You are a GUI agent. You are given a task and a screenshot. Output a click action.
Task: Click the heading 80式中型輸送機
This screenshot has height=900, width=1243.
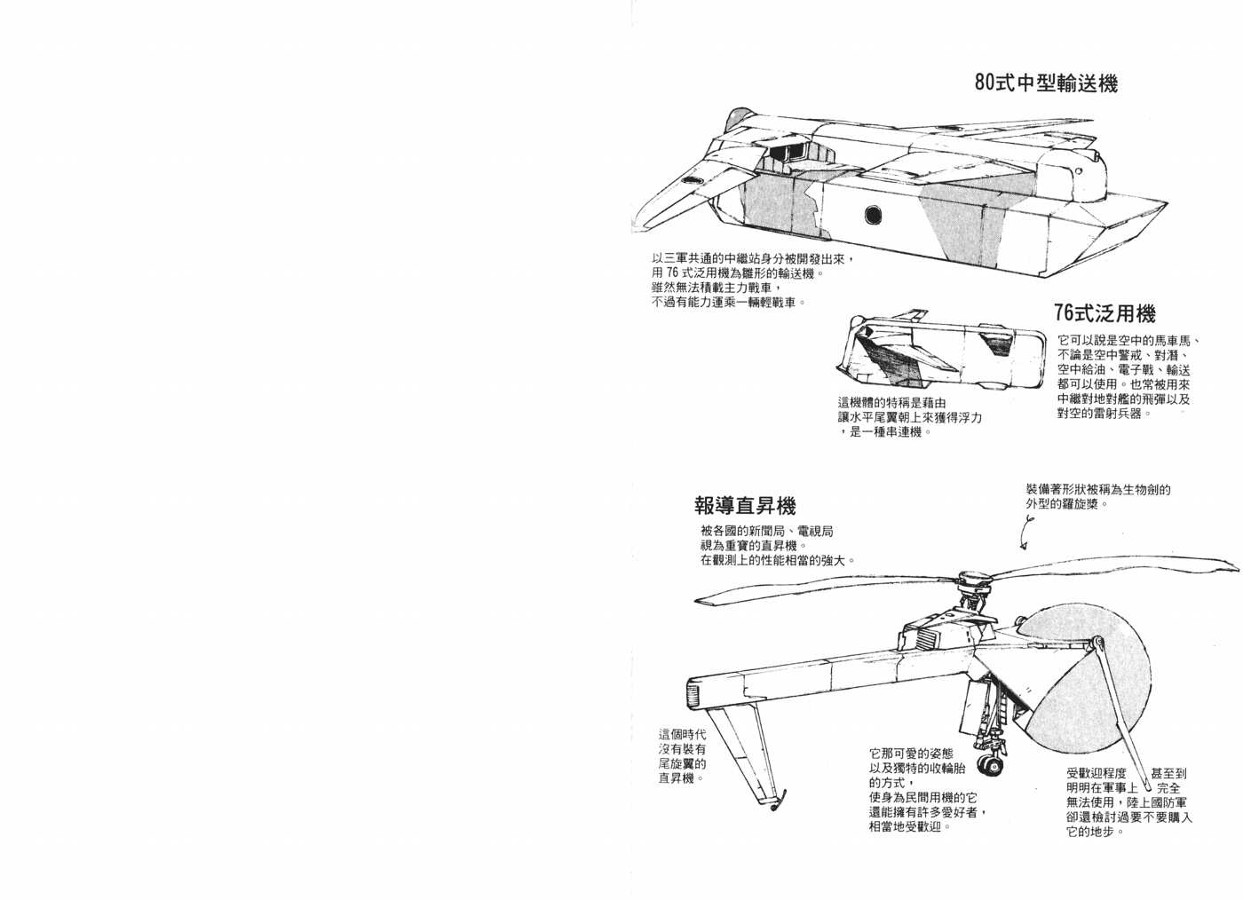click(x=1045, y=83)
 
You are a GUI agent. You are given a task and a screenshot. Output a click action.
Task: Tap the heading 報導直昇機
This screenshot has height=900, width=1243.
click(x=744, y=507)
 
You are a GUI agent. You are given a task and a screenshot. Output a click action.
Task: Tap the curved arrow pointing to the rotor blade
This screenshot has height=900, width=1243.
click(x=1025, y=535)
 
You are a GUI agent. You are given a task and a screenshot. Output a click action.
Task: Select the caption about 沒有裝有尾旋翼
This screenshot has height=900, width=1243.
click(x=682, y=756)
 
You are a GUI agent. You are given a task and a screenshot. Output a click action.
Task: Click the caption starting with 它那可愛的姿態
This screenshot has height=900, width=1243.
click(x=927, y=790)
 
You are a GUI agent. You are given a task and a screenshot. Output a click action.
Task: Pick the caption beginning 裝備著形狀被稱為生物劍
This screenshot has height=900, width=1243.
click(x=1098, y=496)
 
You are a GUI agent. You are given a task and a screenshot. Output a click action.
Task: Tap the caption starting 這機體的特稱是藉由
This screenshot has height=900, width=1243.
click(x=909, y=416)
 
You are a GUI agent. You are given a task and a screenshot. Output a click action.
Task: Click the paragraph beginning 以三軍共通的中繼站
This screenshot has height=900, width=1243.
click(x=751, y=280)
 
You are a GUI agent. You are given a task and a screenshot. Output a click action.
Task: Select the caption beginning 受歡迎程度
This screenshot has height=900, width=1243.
click(x=1128, y=802)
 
